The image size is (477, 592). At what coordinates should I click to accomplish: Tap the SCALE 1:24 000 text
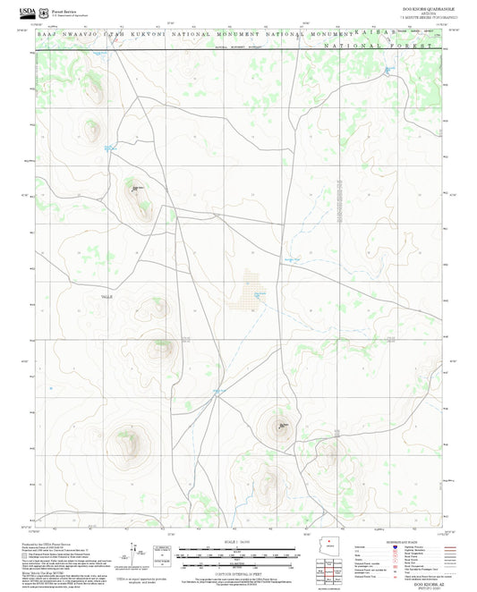[237, 542]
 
